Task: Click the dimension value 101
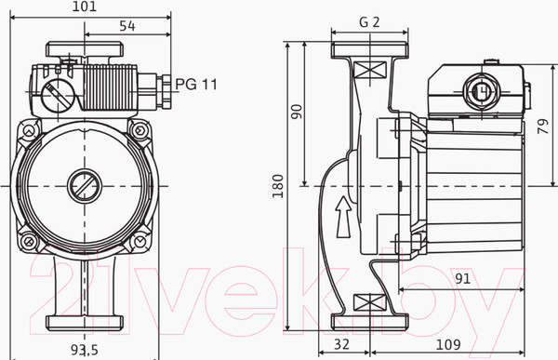(x=85, y=7)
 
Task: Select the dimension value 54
(x=127, y=26)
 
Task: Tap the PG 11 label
(x=196, y=85)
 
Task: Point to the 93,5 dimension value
(x=85, y=350)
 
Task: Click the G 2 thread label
(x=369, y=22)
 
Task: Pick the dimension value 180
(x=277, y=186)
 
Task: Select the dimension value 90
(x=296, y=112)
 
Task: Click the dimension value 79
(x=543, y=127)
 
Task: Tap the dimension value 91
(x=462, y=278)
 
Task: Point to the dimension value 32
(x=342, y=344)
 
